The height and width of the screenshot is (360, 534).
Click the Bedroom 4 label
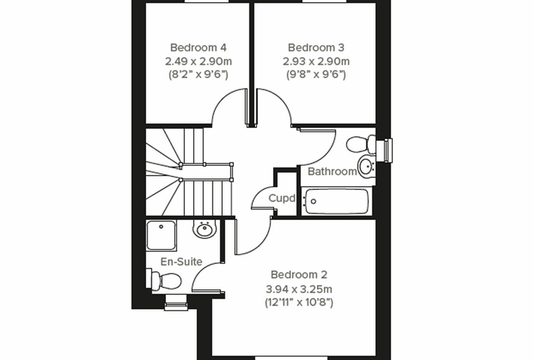(x=198, y=47)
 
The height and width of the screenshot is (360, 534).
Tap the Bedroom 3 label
(x=316, y=47)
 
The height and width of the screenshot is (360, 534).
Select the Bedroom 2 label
(x=299, y=274)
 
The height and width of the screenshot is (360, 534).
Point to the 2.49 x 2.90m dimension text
(x=199, y=61)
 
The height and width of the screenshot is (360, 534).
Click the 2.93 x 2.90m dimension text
(x=316, y=61)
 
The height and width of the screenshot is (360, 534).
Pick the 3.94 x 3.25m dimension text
(x=299, y=289)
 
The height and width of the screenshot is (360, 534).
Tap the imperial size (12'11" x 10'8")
(x=299, y=302)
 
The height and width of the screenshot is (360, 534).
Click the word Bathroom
(x=332, y=171)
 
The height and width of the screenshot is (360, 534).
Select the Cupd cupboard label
(x=282, y=198)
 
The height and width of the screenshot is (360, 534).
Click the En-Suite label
(x=181, y=262)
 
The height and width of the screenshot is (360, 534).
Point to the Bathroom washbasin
(x=367, y=165)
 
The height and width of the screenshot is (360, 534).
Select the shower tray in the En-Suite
(x=162, y=236)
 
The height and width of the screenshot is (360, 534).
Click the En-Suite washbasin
(x=204, y=229)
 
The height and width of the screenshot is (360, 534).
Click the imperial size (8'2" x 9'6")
(x=199, y=75)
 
